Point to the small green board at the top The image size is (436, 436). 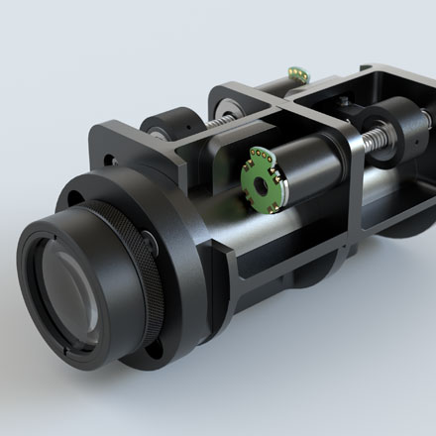tap(294, 71)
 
